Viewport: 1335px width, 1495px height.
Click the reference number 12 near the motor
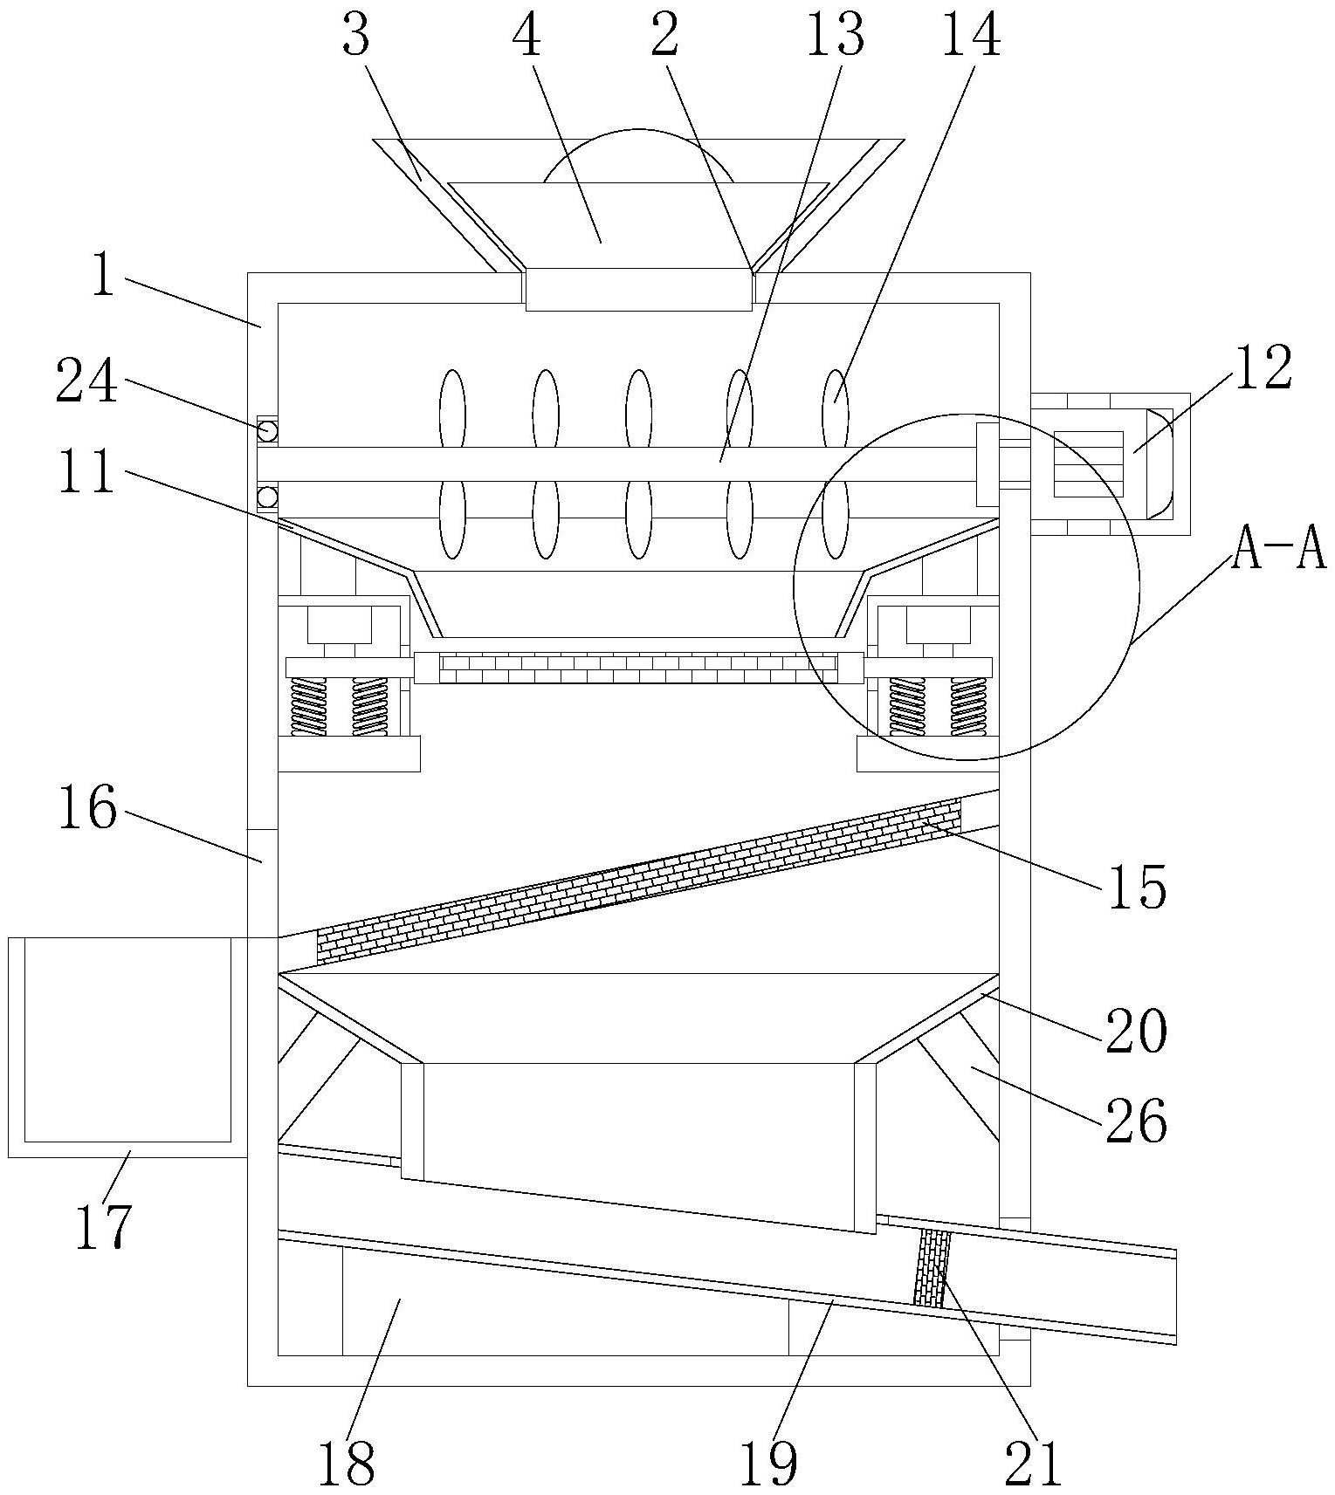point(1262,368)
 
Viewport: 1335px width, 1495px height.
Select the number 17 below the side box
point(103,1225)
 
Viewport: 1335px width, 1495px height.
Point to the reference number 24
point(86,382)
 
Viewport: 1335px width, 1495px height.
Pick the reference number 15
point(1137,888)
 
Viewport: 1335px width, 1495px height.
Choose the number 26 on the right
point(1136,1121)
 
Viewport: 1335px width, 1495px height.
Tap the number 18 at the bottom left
point(347,1463)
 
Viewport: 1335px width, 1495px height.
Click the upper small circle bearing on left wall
point(267,430)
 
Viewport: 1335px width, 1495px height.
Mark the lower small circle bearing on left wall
point(267,497)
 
